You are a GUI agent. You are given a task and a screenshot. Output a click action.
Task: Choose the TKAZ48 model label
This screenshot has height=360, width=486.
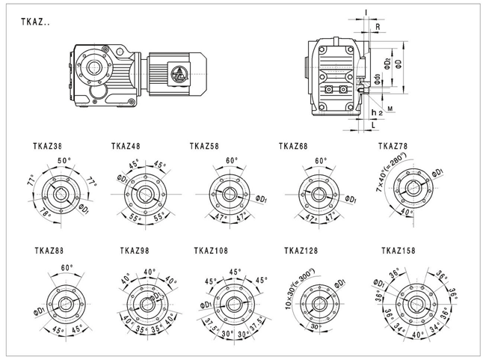[x=126, y=146]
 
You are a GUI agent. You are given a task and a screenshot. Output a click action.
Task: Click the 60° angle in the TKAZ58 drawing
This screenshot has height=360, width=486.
[x=232, y=160]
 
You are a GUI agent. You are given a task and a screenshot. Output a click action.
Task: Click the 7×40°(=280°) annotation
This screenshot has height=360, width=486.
[x=390, y=174]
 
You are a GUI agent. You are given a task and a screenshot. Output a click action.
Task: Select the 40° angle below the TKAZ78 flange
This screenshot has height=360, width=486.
[x=405, y=212]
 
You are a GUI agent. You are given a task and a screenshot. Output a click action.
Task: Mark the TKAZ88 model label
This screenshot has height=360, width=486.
[x=49, y=251]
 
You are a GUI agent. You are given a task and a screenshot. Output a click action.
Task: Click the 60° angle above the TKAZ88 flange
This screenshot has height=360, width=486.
[x=67, y=267]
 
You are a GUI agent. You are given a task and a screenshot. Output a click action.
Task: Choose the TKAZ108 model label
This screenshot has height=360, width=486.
[x=210, y=251]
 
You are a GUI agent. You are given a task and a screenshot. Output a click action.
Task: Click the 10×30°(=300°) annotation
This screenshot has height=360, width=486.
[x=301, y=287]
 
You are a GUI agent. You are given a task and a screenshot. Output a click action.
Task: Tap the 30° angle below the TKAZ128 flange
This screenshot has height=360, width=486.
[x=316, y=326]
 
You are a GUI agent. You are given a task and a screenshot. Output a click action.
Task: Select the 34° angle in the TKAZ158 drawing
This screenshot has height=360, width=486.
[x=400, y=326]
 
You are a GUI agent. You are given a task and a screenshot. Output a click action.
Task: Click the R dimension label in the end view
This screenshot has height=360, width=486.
[x=379, y=26]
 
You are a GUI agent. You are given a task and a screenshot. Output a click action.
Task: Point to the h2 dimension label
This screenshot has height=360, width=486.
[x=377, y=112]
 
